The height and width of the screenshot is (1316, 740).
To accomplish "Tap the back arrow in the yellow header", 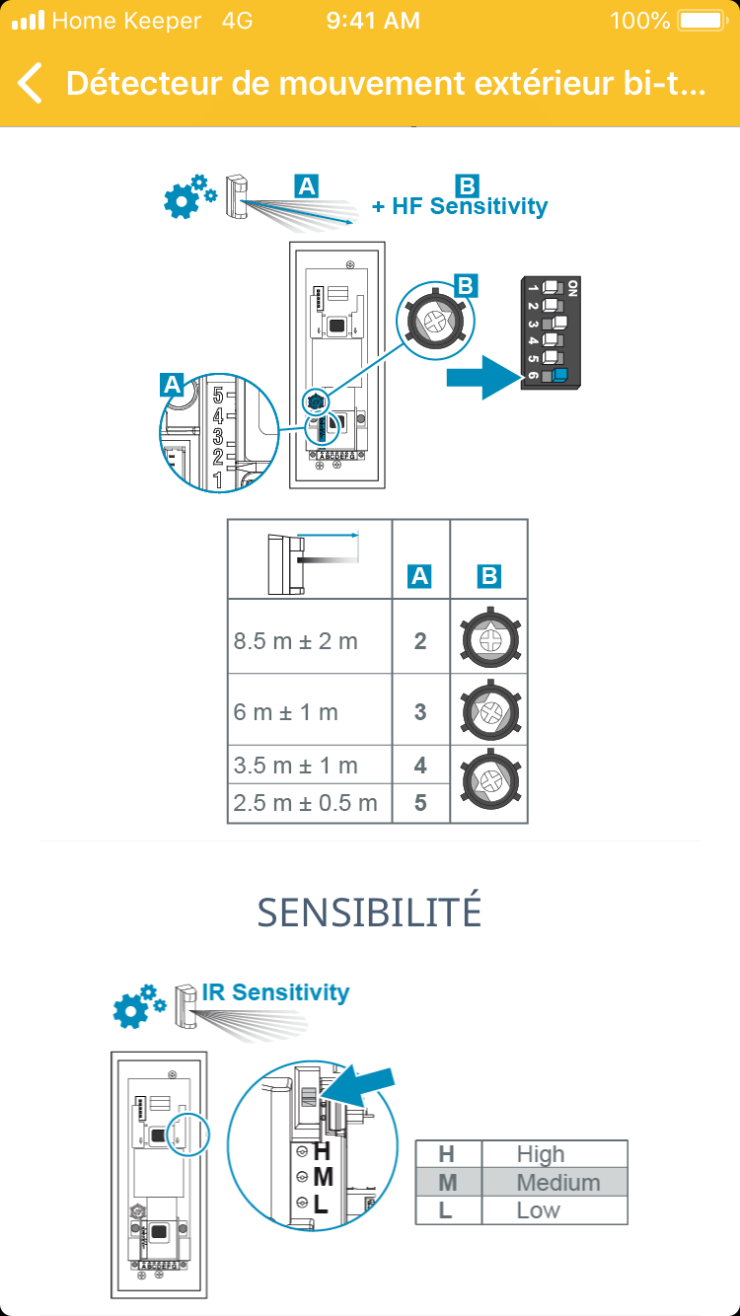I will click(31, 83).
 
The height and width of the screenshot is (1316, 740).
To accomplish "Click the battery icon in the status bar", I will click(701, 21).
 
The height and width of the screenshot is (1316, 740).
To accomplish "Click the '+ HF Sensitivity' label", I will click(460, 206).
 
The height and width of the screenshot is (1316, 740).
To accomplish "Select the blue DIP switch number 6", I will click(559, 375).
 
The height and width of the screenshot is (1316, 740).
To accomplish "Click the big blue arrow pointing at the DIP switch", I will click(482, 376).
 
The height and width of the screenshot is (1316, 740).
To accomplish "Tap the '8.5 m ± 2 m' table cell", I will click(296, 641).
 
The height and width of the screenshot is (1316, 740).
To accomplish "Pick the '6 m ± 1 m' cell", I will click(286, 711).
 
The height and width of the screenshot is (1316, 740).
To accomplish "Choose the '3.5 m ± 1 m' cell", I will click(296, 766).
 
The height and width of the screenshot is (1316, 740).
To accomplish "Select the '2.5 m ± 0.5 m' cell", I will click(306, 803).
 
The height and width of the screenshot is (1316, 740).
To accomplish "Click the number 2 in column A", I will click(420, 641).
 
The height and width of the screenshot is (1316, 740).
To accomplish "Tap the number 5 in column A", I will click(420, 803).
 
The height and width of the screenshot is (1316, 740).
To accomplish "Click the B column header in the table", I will click(487, 576).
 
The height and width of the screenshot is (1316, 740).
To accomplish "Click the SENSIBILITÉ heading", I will click(369, 913).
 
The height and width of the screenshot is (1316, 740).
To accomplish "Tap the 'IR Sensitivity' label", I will click(275, 991).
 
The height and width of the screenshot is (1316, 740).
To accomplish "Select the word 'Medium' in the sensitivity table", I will click(558, 1182).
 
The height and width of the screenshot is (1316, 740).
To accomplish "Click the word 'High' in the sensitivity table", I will click(541, 1154).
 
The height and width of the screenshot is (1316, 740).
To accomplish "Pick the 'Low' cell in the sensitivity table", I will click(539, 1210).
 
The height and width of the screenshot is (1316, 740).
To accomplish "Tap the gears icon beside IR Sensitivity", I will click(137, 1005).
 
